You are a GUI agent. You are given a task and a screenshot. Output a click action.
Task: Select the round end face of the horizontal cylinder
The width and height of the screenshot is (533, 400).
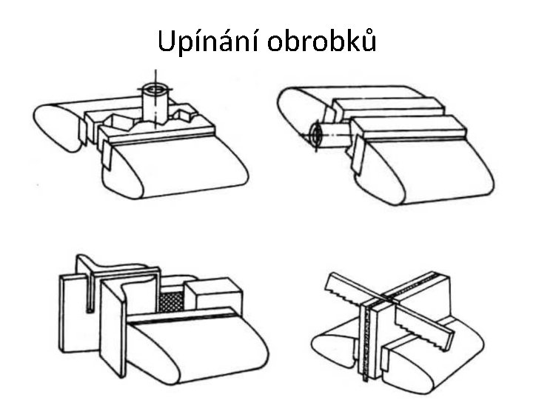pos(317,136)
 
